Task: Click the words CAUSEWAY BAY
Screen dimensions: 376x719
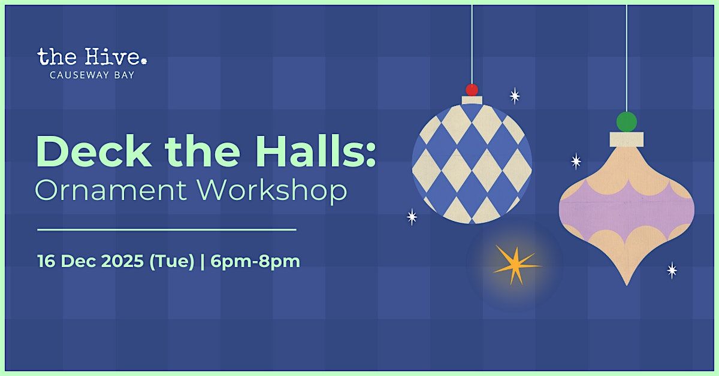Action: (x=92, y=75)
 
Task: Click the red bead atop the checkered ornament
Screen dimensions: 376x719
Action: (x=472, y=90)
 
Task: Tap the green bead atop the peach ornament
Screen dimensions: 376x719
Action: (x=627, y=122)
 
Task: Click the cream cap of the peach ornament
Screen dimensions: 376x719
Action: (x=627, y=140)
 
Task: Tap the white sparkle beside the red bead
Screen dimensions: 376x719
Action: (x=515, y=96)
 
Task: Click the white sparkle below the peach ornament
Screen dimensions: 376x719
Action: (x=672, y=271)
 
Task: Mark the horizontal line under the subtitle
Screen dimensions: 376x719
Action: (x=167, y=229)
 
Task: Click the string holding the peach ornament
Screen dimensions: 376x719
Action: (x=627, y=60)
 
